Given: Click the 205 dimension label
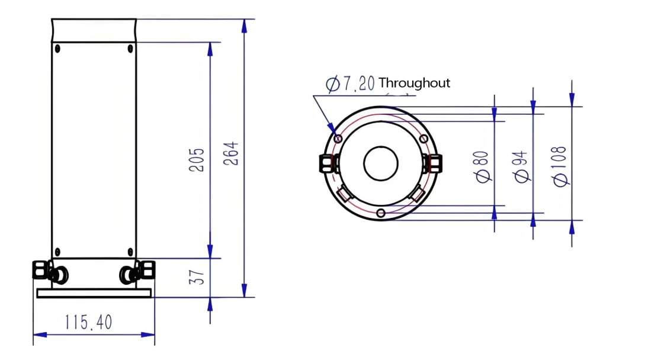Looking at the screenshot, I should [x=197, y=160].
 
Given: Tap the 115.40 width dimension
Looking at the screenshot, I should [x=88, y=323].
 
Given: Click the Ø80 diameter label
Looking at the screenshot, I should [x=482, y=166].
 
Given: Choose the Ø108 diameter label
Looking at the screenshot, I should [x=560, y=166].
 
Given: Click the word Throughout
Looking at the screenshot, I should [x=414, y=83].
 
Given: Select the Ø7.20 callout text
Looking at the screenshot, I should [x=350, y=83].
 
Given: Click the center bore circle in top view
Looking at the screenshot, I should [x=380, y=164].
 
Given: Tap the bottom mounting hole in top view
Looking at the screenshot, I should [x=381, y=213].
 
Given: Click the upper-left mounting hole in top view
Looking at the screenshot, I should [x=338, y=139].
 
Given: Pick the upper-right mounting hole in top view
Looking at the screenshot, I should [x=424, y=139].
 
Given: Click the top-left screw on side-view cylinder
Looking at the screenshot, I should [x=57, y=49].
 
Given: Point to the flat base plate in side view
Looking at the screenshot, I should [x=94, y=293].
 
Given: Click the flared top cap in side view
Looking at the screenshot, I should [x=94, y=30].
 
